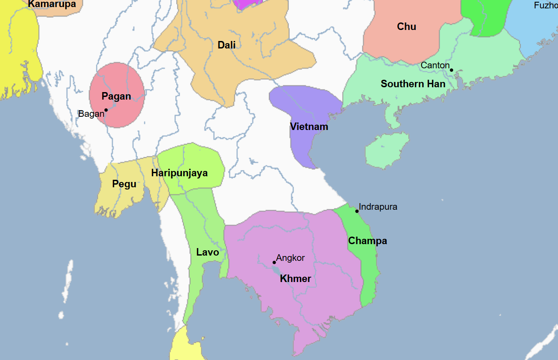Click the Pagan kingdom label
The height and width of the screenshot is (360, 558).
[x=116, y=96]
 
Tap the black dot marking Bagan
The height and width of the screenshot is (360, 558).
[x=106, y=110]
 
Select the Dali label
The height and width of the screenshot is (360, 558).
[x=226, y=45]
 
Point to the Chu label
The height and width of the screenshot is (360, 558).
[x=406, y=26]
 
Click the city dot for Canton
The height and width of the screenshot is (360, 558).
[x=451, y=70]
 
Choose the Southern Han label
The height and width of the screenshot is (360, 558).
[x=413, y=84]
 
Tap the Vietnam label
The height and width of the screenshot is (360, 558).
[x=309, y=127]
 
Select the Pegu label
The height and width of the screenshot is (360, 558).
[x=124, y=184]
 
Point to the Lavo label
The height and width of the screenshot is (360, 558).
[x=207, y=252]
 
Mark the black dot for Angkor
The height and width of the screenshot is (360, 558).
[x=274, y=263]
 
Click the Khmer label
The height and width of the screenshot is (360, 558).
[x=296, y=278]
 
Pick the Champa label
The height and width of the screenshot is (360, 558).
[x=367, y=241]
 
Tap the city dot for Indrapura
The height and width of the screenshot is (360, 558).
[x=357, y=211]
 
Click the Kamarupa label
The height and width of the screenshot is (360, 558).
[x=52, y=5]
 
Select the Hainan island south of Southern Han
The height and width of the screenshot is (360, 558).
[x=383, y=151]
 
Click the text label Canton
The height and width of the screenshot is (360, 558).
[x=435, y=65]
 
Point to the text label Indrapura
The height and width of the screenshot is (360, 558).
[x=378, y=207]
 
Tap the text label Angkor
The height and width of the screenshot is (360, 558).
[x=290, y=258]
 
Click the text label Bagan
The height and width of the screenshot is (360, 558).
[x=91, y=114]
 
